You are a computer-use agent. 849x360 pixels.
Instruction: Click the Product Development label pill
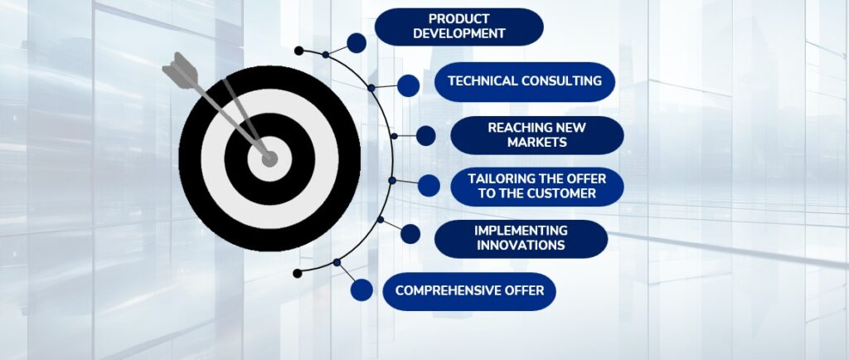coord(458,27)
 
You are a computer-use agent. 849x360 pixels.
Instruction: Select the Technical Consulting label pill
coord(525,82)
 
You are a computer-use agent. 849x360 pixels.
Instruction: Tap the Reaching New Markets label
coord(536,135)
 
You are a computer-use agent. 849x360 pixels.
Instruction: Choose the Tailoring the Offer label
coord(536,187)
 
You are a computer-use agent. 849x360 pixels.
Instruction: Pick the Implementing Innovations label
coord(521,239)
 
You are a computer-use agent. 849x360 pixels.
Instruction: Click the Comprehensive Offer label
coord(469,291)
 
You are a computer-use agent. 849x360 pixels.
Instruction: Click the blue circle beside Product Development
coord(357,43)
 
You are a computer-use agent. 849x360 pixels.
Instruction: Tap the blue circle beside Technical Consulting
coord(408,85)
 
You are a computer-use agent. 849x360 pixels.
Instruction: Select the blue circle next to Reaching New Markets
coord(425,136)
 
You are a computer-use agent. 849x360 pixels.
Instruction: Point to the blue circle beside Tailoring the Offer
coord(429,186)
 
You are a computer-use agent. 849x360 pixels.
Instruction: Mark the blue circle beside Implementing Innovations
coord(410,234)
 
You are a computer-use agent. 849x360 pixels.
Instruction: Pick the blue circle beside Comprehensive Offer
coord(361,289)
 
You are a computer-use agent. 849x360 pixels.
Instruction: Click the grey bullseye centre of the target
coord(269,158)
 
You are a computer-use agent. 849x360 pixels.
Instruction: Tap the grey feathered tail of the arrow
coord(180,68)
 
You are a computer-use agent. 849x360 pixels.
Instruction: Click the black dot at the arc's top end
coord(298,51)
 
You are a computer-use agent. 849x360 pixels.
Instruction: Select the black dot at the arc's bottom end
coord(298,274)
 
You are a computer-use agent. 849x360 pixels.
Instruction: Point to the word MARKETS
coord(537,143)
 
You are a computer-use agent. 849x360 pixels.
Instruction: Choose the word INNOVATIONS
coord(521,246)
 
